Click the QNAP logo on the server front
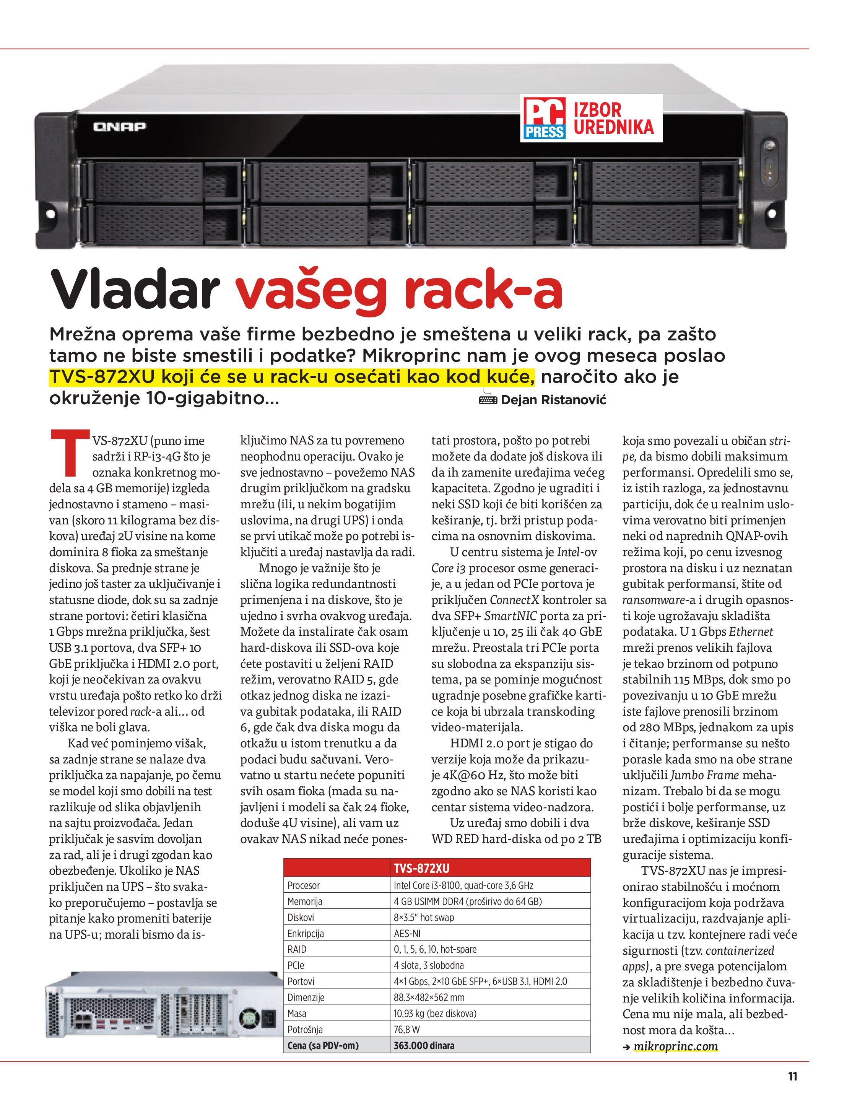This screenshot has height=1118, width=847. coord(119,126)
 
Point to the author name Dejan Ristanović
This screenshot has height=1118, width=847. coord(553,400)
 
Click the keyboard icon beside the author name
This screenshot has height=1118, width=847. coord(488,399)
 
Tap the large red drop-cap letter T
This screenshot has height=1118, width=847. coord(71,453)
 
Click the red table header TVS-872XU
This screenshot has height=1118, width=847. coord(421,868)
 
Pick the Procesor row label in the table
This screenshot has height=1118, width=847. coord(304,885)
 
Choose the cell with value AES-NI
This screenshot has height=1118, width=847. coord(407,933)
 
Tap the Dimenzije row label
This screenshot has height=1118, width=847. coord(306,997)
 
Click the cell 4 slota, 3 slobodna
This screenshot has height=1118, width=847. coord(429,965)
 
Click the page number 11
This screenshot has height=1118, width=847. coord(792,1076)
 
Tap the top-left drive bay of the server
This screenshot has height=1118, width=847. coord(162,181)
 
